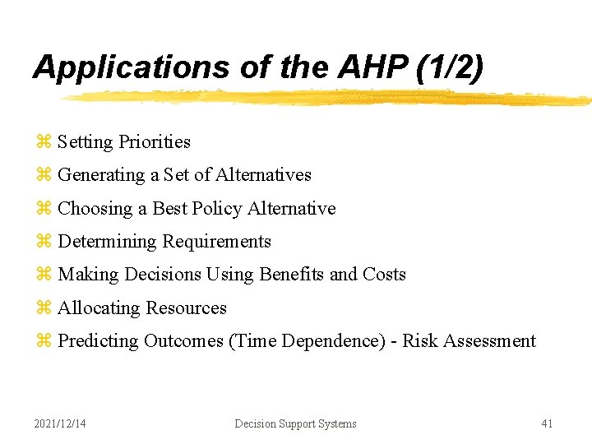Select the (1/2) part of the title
point(450,67)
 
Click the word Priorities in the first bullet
point(154,142)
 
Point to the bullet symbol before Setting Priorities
point(44,142)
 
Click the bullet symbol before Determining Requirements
point(44,242)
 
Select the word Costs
point(384,275)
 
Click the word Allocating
point(99,308)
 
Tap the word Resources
point(186,308)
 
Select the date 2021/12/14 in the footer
point(60,423)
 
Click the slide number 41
point(547,423)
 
